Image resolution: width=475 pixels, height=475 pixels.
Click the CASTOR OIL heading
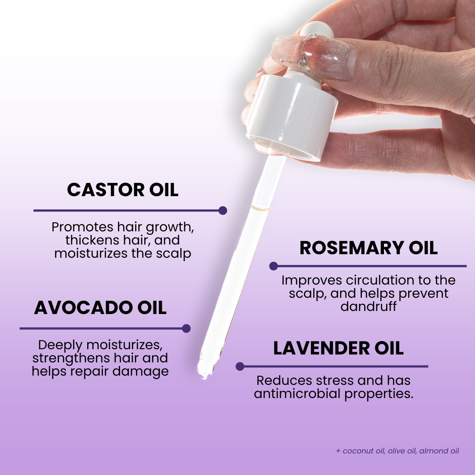click(123, 190)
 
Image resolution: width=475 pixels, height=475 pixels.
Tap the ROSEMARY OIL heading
click(369, 248)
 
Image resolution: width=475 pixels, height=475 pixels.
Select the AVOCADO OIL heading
click(100, 307)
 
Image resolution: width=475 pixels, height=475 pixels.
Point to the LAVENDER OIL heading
click(338, 348)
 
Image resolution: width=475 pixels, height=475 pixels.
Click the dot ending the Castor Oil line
click(223, 211)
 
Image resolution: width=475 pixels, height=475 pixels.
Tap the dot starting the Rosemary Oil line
click(274, 266)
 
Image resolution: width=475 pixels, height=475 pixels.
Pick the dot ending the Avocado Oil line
click(186, 329)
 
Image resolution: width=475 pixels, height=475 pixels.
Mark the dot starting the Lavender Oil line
click(240, 366)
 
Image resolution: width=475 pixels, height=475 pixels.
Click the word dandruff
click(369, 306)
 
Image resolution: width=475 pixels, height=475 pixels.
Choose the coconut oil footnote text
click(398, 451)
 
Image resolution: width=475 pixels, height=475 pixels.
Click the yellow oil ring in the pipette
click(260, 208)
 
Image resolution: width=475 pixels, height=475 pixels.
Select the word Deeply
click(60, 345)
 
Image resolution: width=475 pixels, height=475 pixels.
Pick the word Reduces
click(281, 380)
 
